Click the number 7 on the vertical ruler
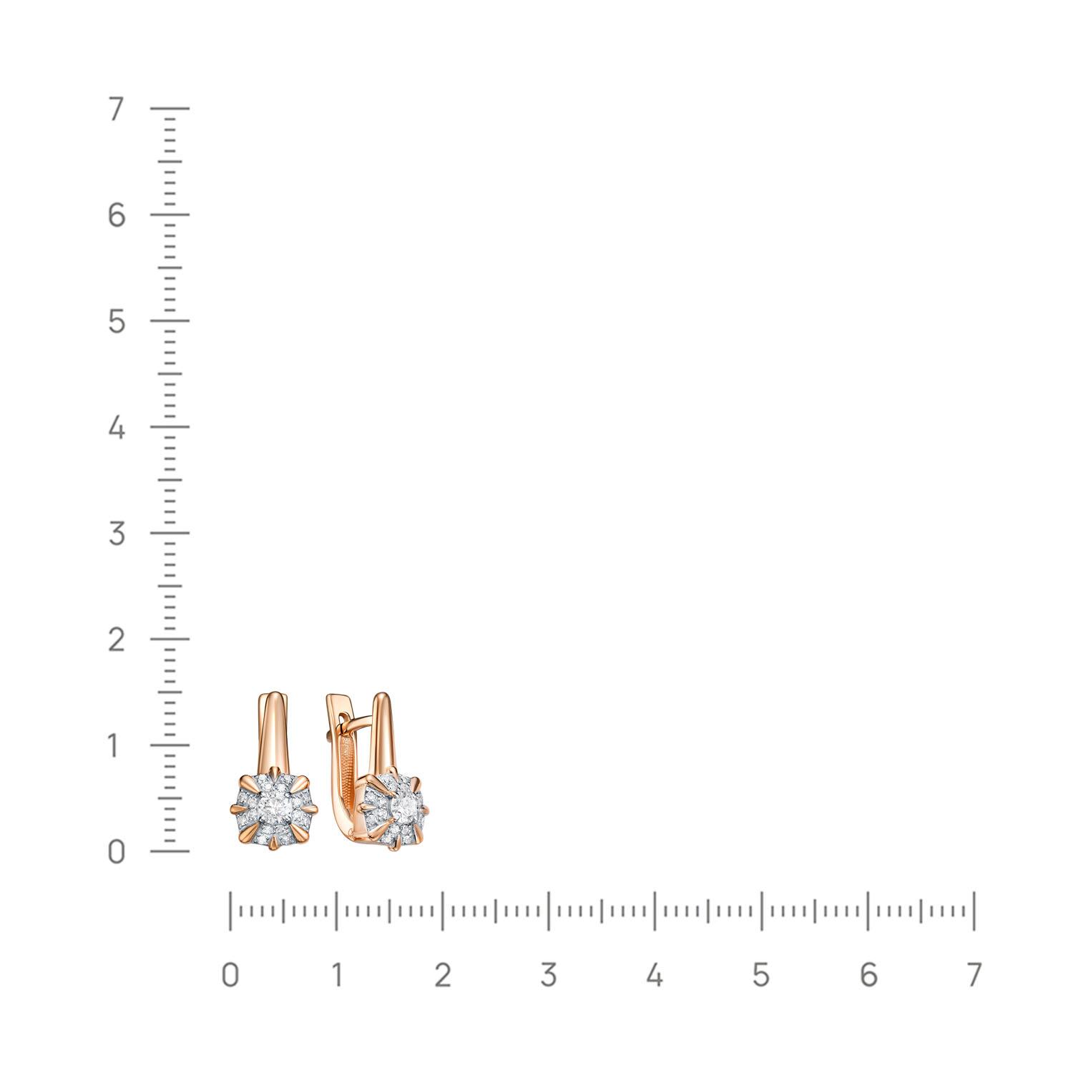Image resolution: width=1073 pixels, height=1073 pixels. point(117,109)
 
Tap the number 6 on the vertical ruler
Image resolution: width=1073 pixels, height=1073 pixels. point(117,215)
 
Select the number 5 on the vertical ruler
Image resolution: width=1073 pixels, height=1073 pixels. point(117,322)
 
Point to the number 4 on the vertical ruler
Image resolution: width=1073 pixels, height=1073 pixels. point(117,428)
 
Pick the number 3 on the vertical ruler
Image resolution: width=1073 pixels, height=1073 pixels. point(117,534)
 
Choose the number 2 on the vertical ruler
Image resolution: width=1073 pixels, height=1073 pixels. point(117,640)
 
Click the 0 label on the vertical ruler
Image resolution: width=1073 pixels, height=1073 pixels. point(117,852)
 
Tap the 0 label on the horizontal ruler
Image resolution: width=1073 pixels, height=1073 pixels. point(230,975)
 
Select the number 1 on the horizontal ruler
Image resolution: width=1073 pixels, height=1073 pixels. point(336,975)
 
